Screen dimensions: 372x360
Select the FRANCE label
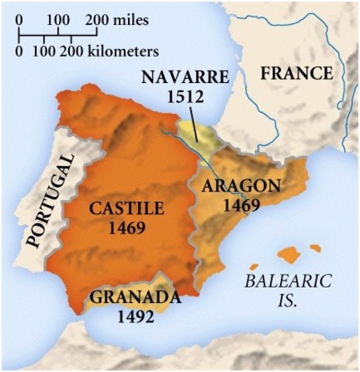click(x=296, y=74)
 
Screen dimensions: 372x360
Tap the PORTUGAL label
click(x=51, y=200)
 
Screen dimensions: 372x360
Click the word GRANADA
click(x=136, y=297)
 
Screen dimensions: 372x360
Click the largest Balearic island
click(x=289, y=254)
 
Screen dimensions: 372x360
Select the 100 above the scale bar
click(x=57, y=17)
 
